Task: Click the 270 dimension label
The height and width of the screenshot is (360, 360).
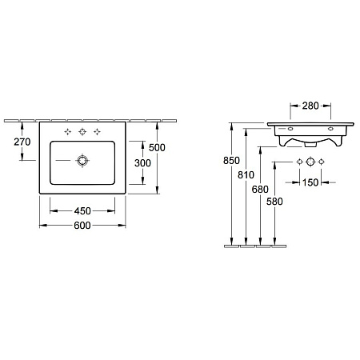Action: (22, 142)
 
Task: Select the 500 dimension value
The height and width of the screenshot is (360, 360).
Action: (157, 147)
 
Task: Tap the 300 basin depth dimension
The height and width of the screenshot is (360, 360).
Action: (142, 163)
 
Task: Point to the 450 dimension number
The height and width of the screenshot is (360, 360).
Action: (82, 211)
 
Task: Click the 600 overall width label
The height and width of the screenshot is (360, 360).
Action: (82, 226)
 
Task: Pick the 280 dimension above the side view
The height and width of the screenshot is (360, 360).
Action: (310, 106)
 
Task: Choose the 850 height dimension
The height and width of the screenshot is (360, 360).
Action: (231, 161)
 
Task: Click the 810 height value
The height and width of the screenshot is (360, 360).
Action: (246, 175)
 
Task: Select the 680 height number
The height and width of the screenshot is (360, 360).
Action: (260, 190)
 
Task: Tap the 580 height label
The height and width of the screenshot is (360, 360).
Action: (274, 202)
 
